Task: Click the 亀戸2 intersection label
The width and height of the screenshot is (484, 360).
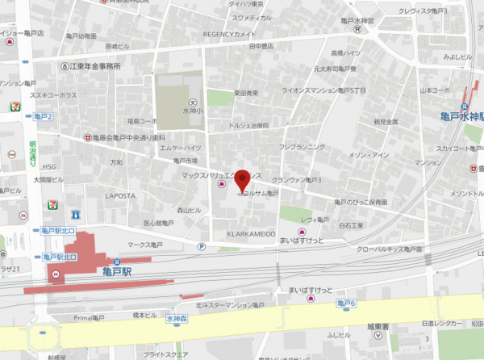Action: [x=43, y=117]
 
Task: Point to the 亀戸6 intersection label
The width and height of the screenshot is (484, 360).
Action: [x=346, y=303]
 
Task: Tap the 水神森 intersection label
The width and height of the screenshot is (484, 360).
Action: [x=175, y=319]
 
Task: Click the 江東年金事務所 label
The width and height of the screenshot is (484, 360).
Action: [x=95, y=66]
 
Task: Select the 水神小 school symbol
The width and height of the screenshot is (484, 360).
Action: [x=192, y=103]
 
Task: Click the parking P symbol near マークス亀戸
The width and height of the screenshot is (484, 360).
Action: [x=201, y=246]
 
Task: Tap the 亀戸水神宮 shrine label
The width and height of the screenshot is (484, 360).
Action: [x=357, y=20]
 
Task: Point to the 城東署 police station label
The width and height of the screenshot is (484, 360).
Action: [x=378, y=327]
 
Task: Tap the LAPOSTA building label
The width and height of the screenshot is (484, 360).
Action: [x=121, y=195]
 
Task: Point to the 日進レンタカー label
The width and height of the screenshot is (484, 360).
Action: [x=439, y=323]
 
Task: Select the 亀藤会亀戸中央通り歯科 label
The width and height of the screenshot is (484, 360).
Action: [x=129, y=137]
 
